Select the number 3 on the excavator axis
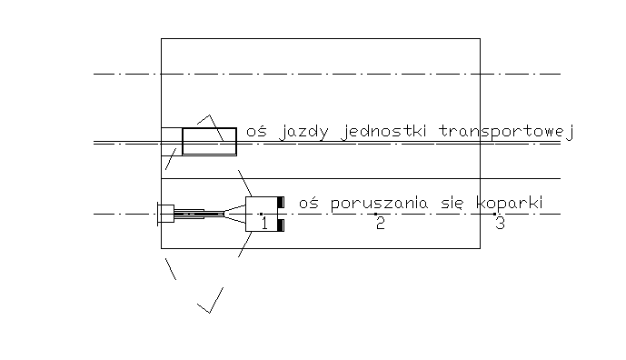coord(500,224)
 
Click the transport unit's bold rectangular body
coord(209,142)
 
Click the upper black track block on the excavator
coord(283,201)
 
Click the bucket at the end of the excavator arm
coord(164,215)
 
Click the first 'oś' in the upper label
coord(255,133)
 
